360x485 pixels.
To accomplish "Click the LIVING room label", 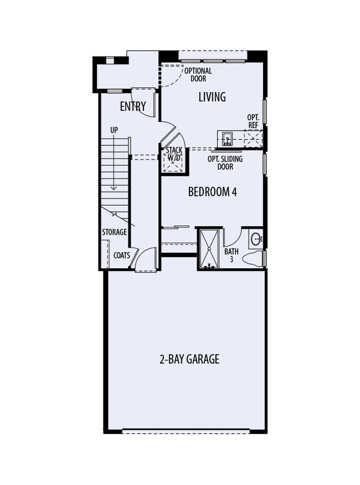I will [x=212, y=97].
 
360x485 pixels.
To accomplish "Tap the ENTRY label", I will [x=133, y=107].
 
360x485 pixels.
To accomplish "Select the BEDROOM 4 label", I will [x=212, y=192].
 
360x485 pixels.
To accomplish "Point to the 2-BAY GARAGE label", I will [x=189, y=360].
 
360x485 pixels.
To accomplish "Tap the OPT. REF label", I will [x=253, y=121].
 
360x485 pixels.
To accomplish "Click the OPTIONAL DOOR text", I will [x=198, y=75].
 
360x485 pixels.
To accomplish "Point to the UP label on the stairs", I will [x=114, y=131].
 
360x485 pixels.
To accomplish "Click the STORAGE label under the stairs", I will [x=114, y=232].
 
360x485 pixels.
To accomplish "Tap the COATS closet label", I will [x=122, y=255].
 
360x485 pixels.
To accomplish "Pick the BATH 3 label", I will [x=231, y=255].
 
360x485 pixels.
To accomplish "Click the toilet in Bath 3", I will [x=253, y=259].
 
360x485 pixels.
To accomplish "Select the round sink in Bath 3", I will [x=257, y=238].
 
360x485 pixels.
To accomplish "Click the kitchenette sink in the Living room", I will [x=227, y=138].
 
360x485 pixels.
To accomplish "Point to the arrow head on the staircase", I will [x=114, y=187].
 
